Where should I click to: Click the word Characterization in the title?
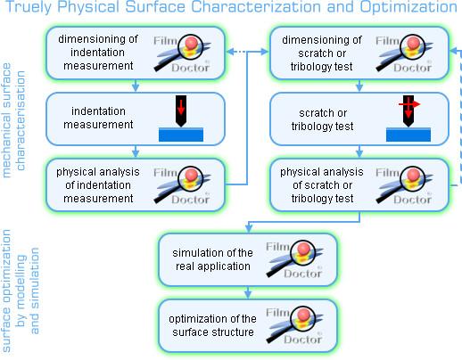coord(256,7)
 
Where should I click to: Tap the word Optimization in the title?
coord(408,7)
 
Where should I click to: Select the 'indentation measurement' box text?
coord(98,118)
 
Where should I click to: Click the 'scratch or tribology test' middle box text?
coord(322,119)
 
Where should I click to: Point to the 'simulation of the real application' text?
coord(212,259)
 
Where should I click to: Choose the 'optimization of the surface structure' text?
coord(212,325)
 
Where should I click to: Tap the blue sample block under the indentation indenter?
coord(181,135)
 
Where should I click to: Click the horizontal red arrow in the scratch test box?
coord(409,104)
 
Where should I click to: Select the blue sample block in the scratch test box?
coord(408,135)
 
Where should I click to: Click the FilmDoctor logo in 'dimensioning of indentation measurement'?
coord(182,53)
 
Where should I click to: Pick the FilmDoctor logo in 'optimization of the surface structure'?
coord(294,325)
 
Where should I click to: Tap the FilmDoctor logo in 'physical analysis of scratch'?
coord(404,185)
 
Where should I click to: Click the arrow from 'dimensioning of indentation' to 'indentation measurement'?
coord(136,86)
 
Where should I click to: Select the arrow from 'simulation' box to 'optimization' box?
coord(248,292)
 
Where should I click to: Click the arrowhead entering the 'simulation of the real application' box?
coord(249,228)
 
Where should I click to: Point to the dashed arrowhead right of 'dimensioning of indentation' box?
coord(230,52)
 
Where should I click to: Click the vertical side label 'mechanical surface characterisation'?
coord(13,120)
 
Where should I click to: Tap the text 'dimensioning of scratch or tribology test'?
coord(322,53)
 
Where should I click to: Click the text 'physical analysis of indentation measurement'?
coord(98,185)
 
